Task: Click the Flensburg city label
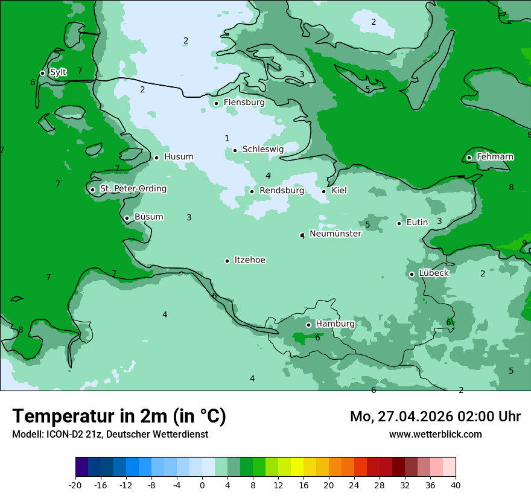coord(244,103)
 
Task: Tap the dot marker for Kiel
coord(324,191)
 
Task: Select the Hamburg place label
coord(335,324)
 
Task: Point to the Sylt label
coord(58,72)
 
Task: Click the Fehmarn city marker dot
coord(469,158)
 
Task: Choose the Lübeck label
coord(434,273)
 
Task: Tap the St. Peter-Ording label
coord(133,189)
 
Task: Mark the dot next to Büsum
coord(127,218)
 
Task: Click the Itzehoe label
coord(250,260)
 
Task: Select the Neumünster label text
coord(335,234)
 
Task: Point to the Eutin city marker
coord(399,223)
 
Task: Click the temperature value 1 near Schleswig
coord(227,139)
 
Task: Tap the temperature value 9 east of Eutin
coord(524,243)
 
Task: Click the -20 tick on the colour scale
coord(75,485)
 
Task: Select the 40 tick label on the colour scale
coord(456,485)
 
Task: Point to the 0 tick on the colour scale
coord(202,485)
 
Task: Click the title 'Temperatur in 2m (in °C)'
coord(119,416)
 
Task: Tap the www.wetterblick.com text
coord(435,435)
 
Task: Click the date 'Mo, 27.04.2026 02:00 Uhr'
coord(435,416)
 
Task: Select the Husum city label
coord(179,157)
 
